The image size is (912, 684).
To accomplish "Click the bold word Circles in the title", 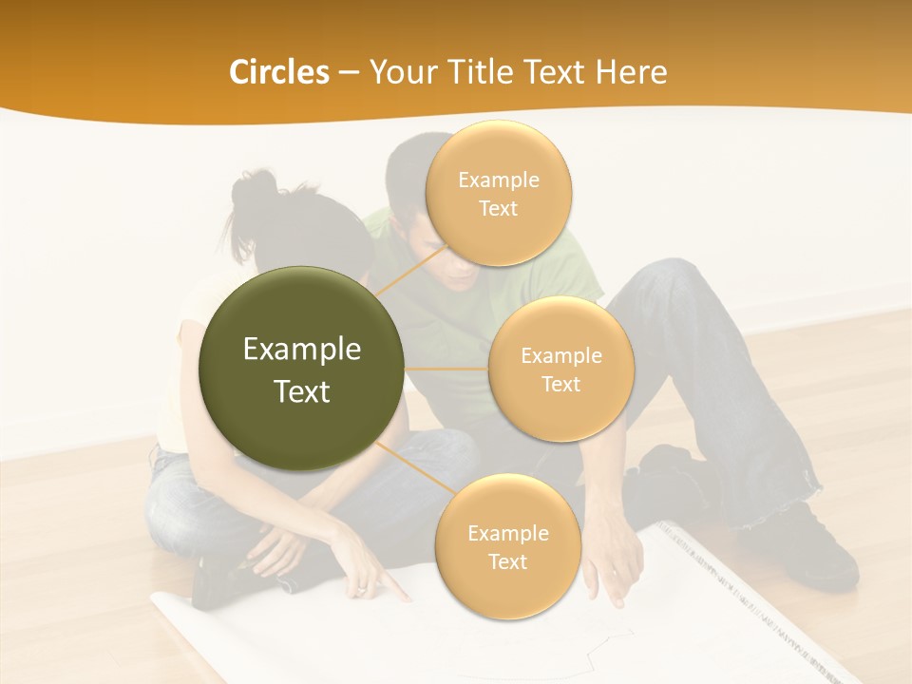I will click(x=278, y=72).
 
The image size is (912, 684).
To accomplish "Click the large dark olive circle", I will click(x=301, y=368).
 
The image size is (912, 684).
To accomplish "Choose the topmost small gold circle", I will click(x=498, y=193).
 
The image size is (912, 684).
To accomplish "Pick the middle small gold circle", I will click(x=560, y=369).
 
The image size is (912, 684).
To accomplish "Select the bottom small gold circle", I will click(x=507, y=546).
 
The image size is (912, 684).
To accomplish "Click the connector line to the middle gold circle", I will click(x=446, y=368).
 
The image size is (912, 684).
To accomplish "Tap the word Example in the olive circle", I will click(x=301, y=350).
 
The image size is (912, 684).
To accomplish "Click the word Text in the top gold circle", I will click(x=498, y=208).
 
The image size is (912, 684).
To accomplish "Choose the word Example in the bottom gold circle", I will click(x=507, y=533).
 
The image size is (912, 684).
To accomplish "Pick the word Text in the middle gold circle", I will click(x=560, y=384).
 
